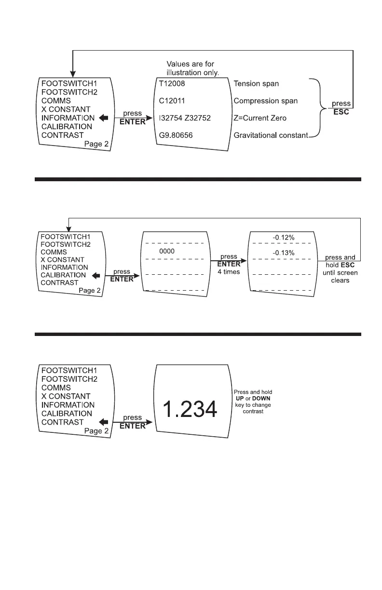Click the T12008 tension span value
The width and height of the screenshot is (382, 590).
(172, 83)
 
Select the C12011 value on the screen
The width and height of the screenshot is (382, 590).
(172, 101)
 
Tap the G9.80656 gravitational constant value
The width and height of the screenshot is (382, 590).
(176, 135)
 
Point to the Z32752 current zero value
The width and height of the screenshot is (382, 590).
(201, 118)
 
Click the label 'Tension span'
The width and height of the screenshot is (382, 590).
(256, 83)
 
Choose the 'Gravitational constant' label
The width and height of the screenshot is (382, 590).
(271, 135)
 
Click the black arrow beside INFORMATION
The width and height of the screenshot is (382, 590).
(102, 118)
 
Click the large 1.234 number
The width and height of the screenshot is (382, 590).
(190, 410)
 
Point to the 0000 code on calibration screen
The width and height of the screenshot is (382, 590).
(166, 252)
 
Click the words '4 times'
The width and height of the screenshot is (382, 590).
(229, 272)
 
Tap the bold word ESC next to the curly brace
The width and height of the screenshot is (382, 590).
(341, 112)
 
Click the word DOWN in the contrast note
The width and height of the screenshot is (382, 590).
(261, 399)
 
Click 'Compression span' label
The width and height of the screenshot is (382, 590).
(265, 101)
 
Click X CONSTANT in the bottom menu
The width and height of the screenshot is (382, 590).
(66, 396)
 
